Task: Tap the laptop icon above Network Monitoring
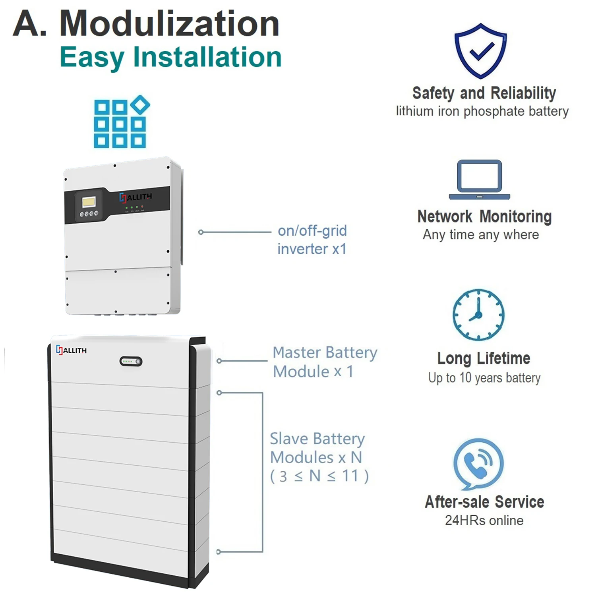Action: click(480, 180)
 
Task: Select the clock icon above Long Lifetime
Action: click(478, 315)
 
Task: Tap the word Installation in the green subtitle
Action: click(207, 57)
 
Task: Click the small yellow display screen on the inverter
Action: click(88, 202)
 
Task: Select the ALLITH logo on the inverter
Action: click(135, 197)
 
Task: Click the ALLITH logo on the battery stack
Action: click(72, 350)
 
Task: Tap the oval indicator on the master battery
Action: click(131, 362)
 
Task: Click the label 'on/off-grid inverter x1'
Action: click(312, 240)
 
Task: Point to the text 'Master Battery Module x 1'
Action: click(325, 362)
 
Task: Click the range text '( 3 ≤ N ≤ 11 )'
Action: click(319, 476)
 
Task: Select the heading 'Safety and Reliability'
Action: click(484, 93)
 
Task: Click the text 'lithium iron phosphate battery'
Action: click(482, 111)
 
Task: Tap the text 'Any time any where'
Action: click(481, 234)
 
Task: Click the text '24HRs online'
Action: click(484, 520)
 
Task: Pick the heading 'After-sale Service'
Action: click(484, 502)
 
